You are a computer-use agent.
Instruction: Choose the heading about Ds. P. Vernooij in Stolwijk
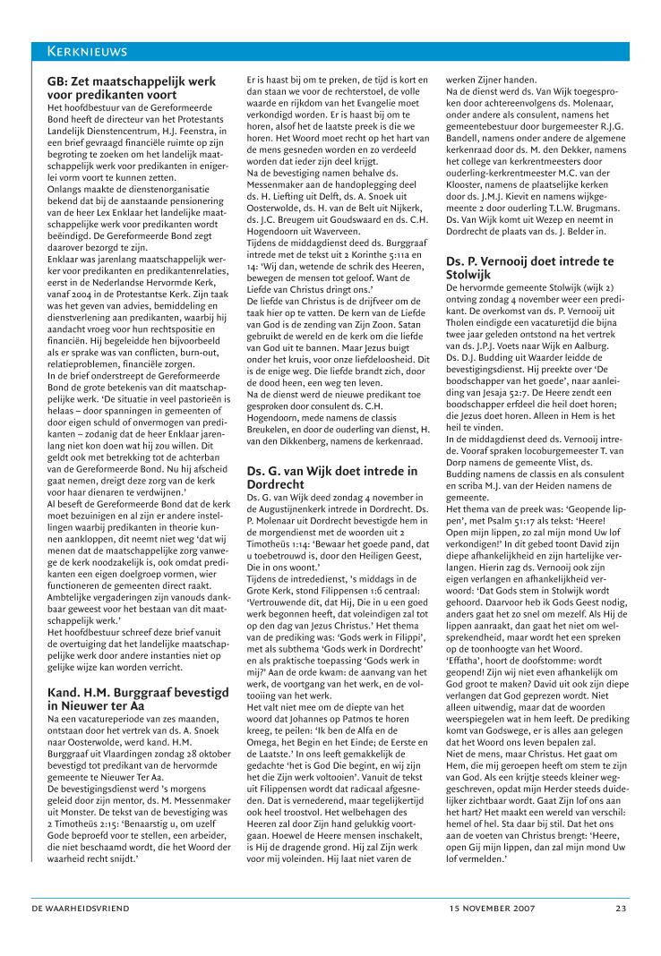click(x=530, y=268)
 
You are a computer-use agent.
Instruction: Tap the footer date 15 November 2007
click(x=492, y=908)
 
